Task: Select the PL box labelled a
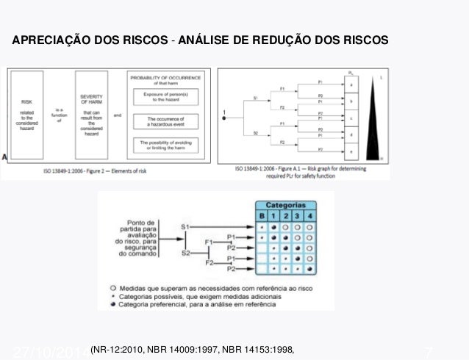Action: [x=352, y=85]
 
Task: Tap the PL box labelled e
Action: [x=352, y=151]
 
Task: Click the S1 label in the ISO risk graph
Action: [x=255, y=98]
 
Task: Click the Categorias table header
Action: [x=286, y=204]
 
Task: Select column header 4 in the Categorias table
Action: [x=310, y=216]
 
